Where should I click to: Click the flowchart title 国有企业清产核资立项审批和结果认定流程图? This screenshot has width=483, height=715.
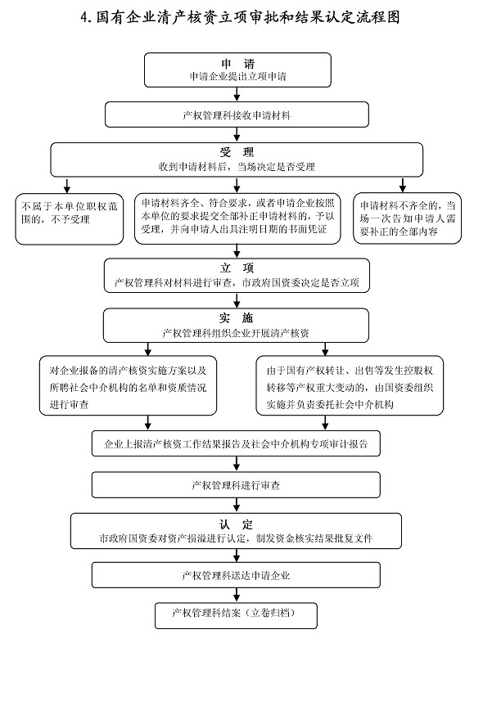click(240, 17)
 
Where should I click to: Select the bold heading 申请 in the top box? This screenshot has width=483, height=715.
click(237, 64)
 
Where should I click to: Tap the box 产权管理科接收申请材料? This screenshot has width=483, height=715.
click(237, 115)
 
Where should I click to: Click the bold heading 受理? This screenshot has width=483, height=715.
click(237, 152)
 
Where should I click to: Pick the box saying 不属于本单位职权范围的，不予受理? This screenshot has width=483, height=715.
click(70, 219)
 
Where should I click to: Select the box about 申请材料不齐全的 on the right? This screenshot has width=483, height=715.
click(407, 218)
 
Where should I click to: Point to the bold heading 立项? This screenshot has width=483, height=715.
click(237, 268)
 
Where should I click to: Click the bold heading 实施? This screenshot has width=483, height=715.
click(236, 318)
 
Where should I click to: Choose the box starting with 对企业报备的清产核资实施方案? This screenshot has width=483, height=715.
click(128, 386)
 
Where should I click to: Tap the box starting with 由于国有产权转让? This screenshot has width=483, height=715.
click(350, 386)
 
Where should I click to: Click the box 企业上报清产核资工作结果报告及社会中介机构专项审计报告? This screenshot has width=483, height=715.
click(236, 443)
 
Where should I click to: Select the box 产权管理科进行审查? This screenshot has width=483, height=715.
click(236, 485)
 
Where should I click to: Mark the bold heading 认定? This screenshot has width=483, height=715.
click(236, 524)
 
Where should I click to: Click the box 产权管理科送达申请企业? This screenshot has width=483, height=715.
click(236, 575)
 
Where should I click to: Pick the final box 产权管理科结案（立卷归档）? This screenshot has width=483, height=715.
click(236, 616)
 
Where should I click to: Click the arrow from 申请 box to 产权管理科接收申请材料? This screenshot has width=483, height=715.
click(237, 94)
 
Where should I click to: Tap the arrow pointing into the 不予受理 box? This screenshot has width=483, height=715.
click(67, 185)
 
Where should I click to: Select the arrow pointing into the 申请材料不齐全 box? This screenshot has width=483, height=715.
click(402, 185)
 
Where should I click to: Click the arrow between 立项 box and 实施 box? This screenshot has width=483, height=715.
click(237, 300)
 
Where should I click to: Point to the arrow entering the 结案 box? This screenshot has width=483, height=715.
click(237, 596)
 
